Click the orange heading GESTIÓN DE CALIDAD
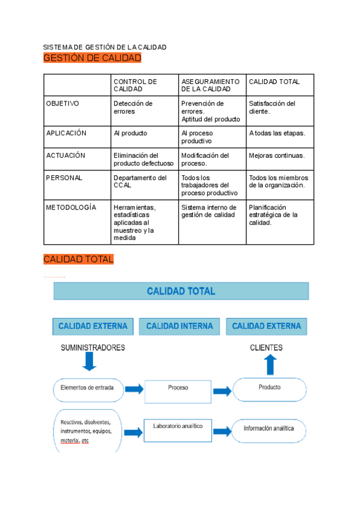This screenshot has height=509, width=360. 92,58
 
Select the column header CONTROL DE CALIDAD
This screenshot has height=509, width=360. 135,85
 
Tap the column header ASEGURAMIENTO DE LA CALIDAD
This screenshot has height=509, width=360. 210,85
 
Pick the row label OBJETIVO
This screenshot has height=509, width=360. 62,103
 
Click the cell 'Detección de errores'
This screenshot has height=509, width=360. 133,107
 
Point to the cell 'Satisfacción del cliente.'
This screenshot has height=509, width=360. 272,107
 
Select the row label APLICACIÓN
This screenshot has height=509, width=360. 66,133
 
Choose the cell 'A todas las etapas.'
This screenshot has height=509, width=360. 277,133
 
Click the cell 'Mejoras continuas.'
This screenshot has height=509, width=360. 277,155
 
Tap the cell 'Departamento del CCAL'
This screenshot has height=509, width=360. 140,182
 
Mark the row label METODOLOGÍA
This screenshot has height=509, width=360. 71,207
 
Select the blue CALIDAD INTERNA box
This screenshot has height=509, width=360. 179,327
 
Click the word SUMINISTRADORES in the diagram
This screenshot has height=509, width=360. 92,348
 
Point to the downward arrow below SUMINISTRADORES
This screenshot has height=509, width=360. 89,361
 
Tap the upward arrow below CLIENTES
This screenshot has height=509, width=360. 271,364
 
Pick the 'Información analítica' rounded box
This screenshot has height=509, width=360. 269,429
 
